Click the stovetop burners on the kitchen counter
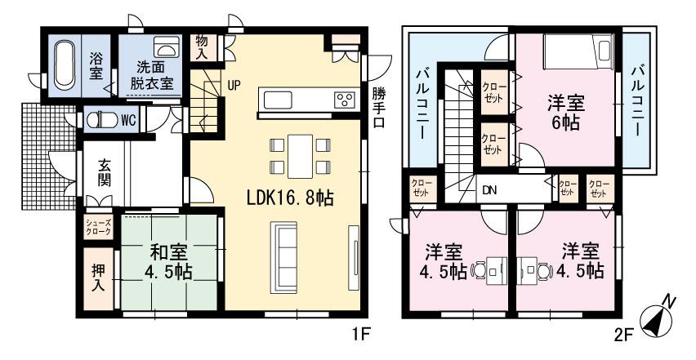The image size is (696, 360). click(x=343, y=100)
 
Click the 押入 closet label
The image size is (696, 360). click(x=96, y=277)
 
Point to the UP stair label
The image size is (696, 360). click(x=234, y=84)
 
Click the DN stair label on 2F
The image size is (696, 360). click(x=489, y=190)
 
